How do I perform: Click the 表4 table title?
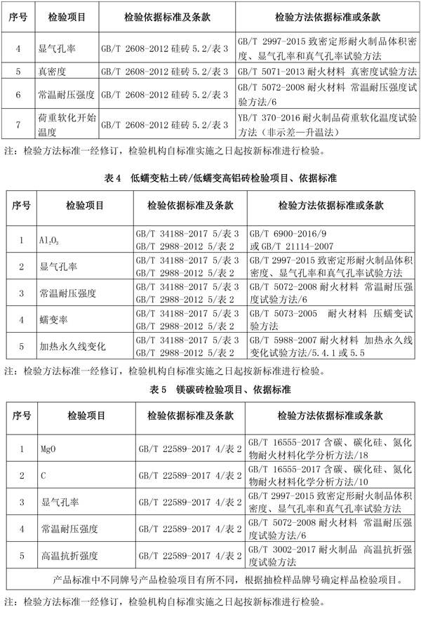pyautogui.click(x=210, y=180)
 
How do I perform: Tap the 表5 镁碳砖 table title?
pyautogui.click(x=210, y=388)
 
